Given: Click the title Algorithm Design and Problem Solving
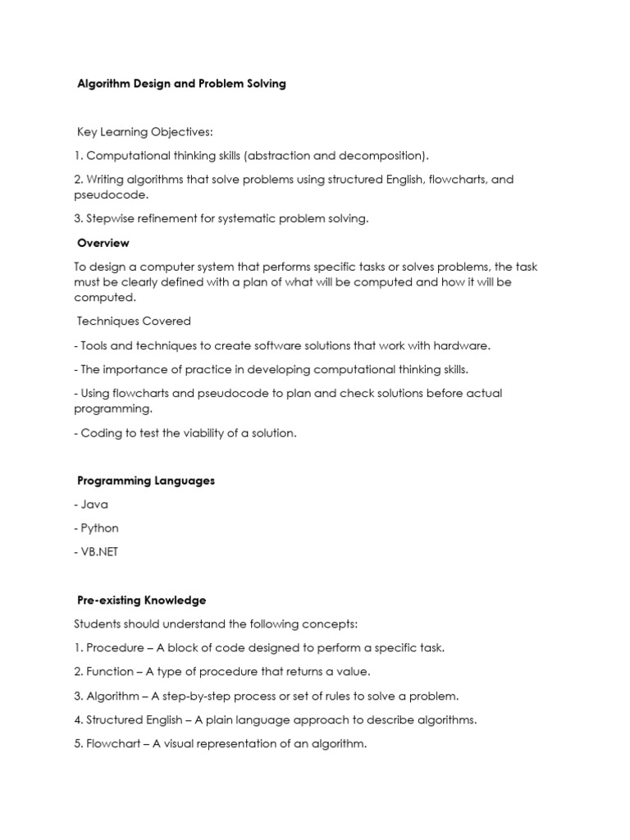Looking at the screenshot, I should pos(181,84).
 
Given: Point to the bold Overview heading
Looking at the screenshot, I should pos(103,243).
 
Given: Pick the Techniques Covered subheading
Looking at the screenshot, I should pos(134,322).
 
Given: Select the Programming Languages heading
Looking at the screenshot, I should pos(146,481).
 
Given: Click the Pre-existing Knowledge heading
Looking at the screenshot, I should pos(141,600).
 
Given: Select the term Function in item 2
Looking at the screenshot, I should pos(110,672).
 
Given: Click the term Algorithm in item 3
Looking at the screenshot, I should pos(114,696).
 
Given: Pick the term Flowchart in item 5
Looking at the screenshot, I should pos(114,744).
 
